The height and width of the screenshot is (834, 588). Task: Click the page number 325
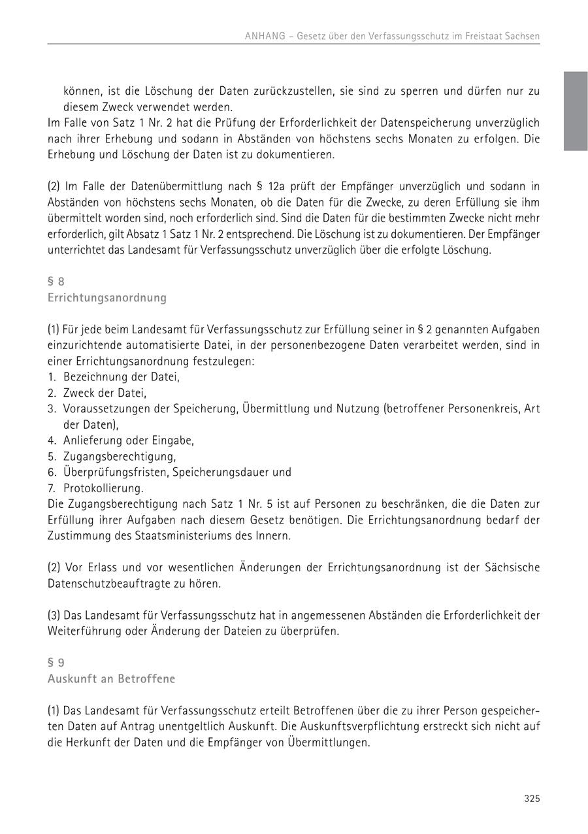(532, 799)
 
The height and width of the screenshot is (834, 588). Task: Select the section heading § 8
(56, 282)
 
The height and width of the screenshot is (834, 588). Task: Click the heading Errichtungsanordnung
(106, 298)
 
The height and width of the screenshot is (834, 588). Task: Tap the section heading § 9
(56, 663)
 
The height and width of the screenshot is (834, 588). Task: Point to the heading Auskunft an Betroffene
(111, 679)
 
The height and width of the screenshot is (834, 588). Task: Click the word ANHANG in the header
(265, 37)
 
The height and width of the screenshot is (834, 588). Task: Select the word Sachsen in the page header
(522, 37)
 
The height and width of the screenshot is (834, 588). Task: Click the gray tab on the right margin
(576, 111)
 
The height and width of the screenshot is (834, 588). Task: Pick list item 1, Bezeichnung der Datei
(121, 377)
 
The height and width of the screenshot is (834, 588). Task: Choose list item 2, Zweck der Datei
(105, 393)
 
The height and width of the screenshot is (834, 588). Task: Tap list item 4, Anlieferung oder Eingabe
(128, 441)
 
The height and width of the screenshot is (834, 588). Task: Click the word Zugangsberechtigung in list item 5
(119, 456)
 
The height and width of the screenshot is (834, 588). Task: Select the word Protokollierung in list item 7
(103, 488)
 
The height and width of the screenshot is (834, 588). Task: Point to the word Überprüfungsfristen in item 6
(115, 472)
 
